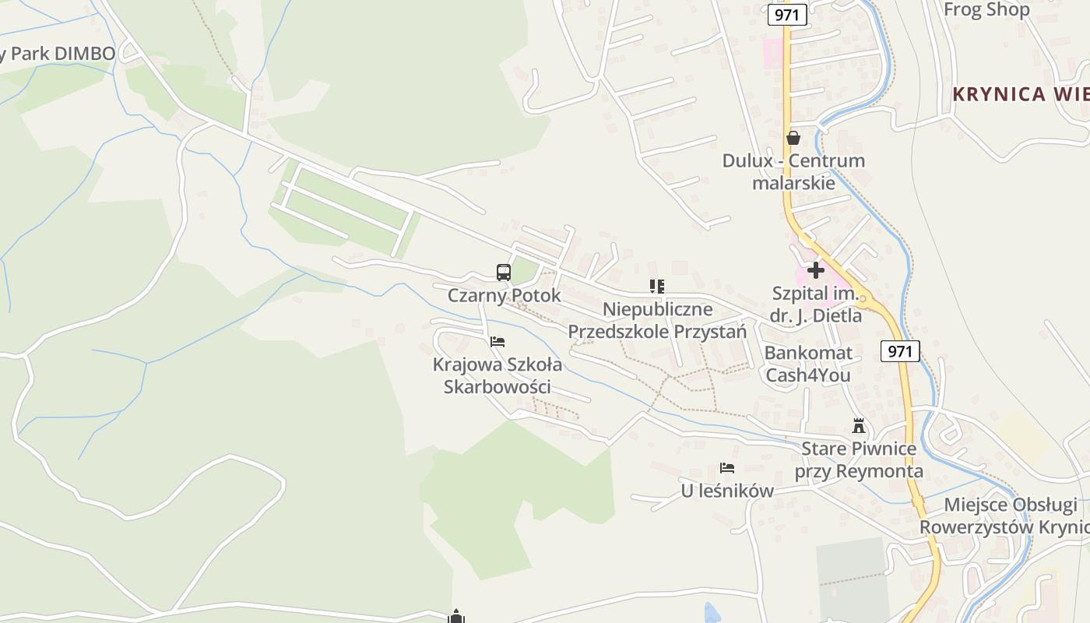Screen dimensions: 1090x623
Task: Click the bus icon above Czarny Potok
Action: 504,273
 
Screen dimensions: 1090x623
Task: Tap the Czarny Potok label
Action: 504,296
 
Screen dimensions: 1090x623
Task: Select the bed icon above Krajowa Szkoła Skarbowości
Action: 498,342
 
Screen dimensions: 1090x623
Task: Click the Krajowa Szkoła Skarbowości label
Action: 498,375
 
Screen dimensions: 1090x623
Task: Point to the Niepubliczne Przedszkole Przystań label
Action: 657,321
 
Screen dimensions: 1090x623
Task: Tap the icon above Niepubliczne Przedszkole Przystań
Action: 656,287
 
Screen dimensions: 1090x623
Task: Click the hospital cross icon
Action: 816,270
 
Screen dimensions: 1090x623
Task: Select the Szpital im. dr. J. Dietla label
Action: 815,304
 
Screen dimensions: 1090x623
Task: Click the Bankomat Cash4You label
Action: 808,364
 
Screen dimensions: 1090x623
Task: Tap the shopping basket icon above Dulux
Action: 793,139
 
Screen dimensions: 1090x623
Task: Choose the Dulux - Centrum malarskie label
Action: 793,172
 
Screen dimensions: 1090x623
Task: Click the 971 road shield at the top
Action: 786,15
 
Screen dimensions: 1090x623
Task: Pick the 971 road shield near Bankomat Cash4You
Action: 900,351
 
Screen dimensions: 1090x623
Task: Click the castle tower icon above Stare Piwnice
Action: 859,426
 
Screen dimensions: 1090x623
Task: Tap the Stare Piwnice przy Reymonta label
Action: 859,460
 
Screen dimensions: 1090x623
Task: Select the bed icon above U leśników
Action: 727,468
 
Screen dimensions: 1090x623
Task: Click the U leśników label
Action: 727,491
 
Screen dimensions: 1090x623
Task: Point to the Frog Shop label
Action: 986,10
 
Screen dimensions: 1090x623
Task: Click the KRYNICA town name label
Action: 1021,95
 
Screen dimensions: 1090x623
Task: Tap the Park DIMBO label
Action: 59,54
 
